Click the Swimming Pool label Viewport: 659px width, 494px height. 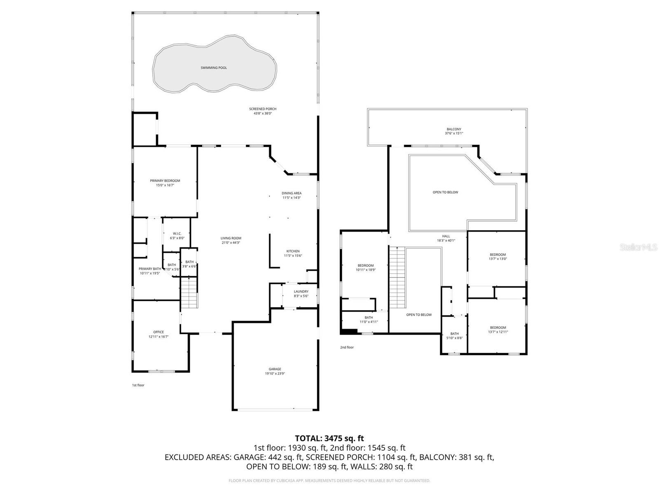pos(214,68)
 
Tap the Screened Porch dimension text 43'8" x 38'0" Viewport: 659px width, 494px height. pos(263,114)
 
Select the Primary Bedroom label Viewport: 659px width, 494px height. pos(165,181)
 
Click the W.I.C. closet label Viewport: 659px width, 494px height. pos(177,234)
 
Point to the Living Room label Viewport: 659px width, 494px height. pos(231,238)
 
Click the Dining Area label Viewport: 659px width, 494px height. pos(292,193)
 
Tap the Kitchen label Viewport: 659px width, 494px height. pos(293,251)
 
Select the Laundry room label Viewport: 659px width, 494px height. pos(301,291)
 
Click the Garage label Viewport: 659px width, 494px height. pos(275,369)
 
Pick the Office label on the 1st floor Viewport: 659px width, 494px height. pos(159,332)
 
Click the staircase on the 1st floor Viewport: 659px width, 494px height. pos(189,293)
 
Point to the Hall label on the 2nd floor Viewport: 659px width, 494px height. pos(446,236)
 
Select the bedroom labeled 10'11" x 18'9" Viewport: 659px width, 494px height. pos(366,266)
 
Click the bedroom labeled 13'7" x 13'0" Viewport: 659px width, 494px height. pos(498,255)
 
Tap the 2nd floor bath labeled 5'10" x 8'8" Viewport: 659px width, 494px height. pos(454,334)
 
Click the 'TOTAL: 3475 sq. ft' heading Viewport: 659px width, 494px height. pos(329,438)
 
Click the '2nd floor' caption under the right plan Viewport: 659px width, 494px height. pos(347,347)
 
